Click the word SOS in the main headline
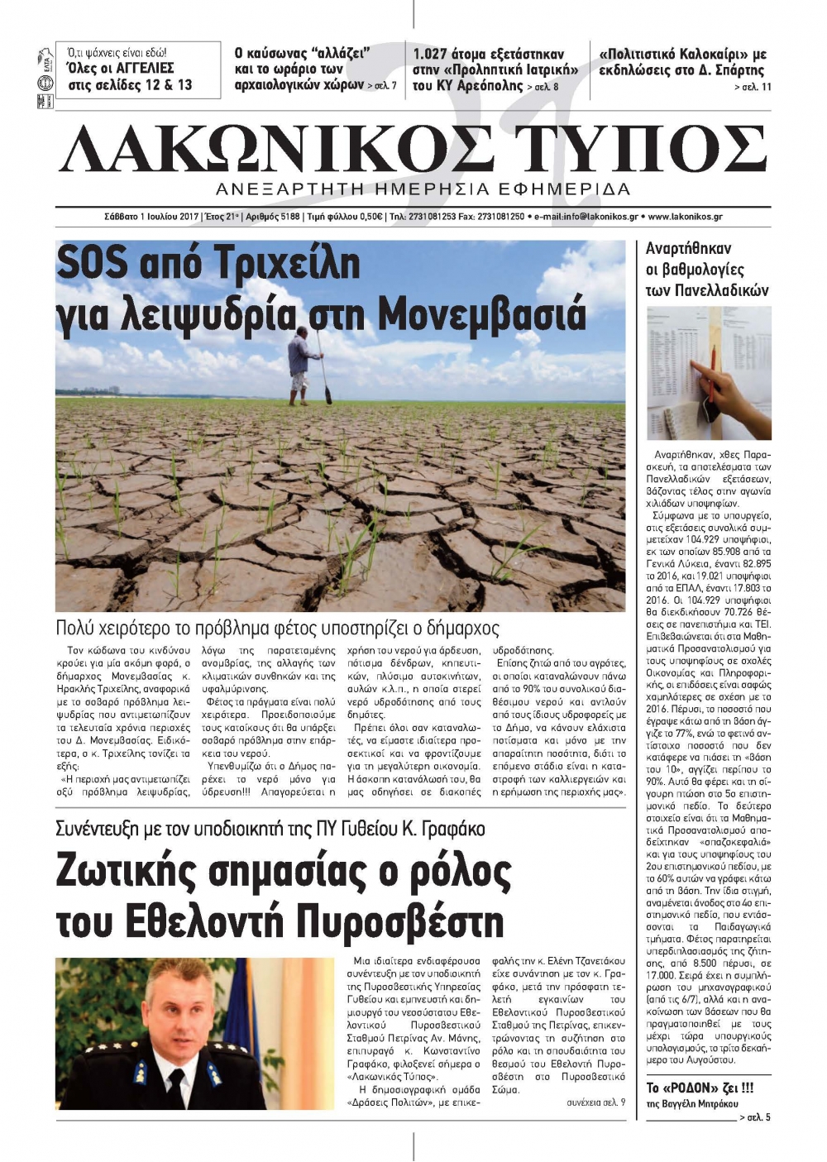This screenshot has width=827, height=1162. coord(92,264)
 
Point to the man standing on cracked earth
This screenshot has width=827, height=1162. coord(304,364)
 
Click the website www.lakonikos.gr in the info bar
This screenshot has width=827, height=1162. coord(686,217)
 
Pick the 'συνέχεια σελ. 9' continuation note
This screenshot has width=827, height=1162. coord(595,1102)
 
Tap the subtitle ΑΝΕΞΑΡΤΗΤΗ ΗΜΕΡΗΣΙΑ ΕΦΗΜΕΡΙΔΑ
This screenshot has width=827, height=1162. coord(423,189)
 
